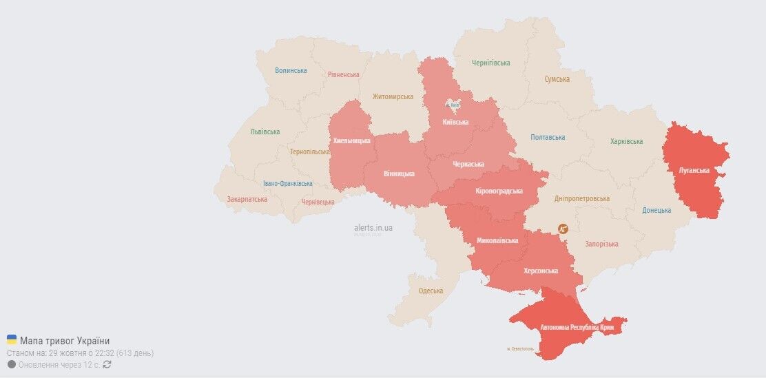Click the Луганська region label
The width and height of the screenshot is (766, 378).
(694, 170)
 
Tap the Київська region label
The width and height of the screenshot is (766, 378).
(455, 122)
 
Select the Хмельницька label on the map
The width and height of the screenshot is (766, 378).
(351, 140)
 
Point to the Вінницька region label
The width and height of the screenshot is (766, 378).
(398, 174)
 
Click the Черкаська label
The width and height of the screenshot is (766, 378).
(468, 164)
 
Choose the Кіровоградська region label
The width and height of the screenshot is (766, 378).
(499, 191)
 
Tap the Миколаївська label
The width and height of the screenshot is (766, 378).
(497, 241)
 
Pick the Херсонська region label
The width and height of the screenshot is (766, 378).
(541, 271)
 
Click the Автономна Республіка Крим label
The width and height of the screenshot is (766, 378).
(577, 327)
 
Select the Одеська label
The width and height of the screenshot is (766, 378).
(431, 291)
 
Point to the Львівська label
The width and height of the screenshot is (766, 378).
(265, 132)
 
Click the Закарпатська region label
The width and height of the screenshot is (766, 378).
(247, 199)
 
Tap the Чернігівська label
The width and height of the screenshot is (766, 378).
(491, 63)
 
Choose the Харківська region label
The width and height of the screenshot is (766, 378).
(626, 141)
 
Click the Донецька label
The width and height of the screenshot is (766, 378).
(656, 210)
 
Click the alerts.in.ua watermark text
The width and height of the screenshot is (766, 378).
(373, 227)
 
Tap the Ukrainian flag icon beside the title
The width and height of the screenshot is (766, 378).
(12, 340)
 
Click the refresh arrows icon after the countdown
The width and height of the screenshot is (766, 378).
(107, 364)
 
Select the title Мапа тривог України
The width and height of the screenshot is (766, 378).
(65, 341)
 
